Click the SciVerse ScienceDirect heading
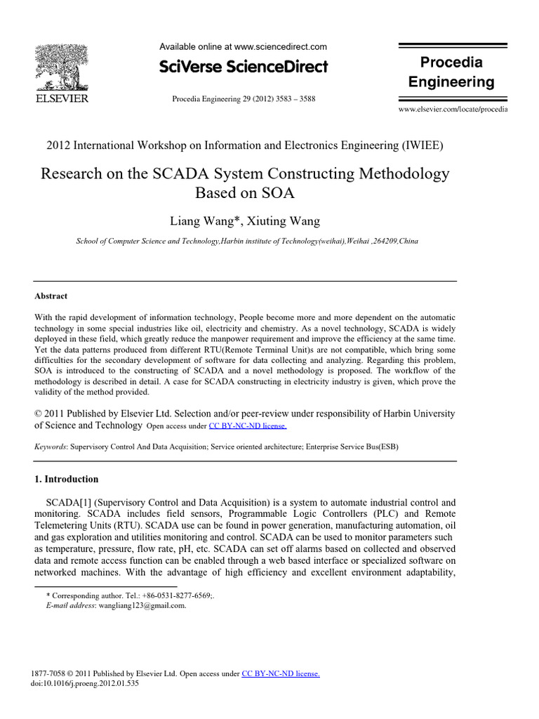[x=244, y=67]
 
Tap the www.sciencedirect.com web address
[x=280, y=47]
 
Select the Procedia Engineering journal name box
[x=451, y=72]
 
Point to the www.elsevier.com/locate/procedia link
[x=453, y=110]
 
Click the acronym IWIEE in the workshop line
[x=420, y=145]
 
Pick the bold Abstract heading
[x=51, y=296]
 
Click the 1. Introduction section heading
[x=67, y=480]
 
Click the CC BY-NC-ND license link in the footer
[x=281, y=674]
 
